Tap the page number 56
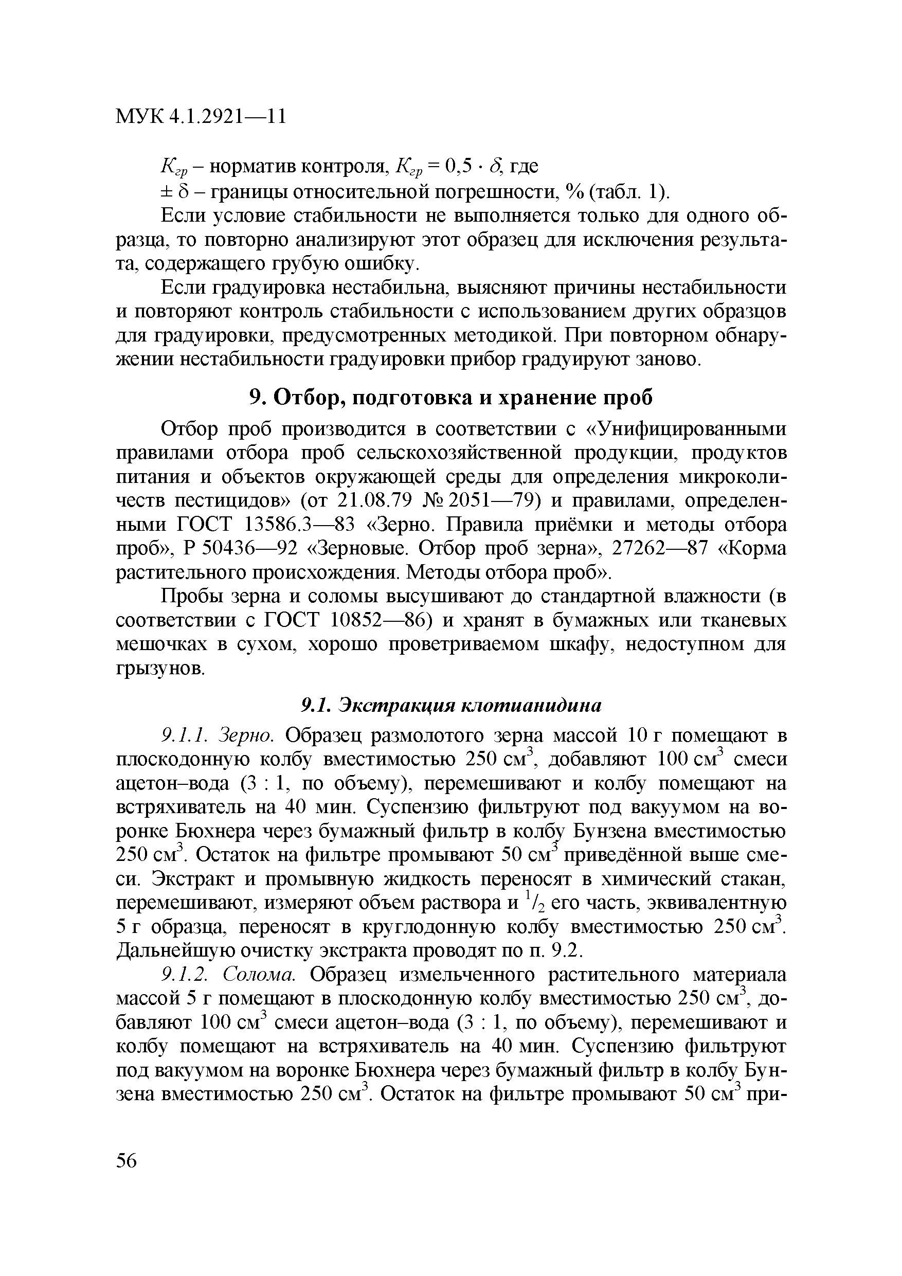[x=127, y=1160]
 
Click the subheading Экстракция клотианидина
[x=452, y=705]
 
